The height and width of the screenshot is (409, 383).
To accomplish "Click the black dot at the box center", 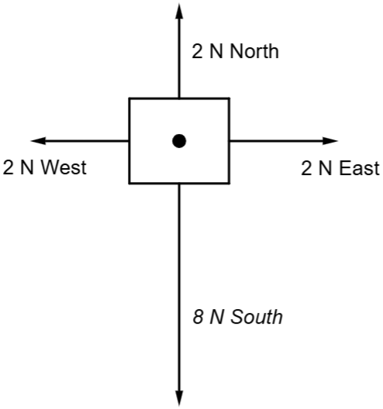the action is point(179,141).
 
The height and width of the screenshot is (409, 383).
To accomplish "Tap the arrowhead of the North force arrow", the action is point(179,11).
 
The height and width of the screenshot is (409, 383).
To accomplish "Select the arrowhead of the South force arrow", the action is point(179,398).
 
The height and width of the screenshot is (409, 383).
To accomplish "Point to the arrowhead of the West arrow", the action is point(39,141).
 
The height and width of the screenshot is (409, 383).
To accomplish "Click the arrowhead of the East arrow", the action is point(330,141).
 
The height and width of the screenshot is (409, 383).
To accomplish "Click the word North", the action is point(254,51).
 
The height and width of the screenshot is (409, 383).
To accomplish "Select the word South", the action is point(257,317).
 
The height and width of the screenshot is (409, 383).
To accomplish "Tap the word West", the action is point(64,167).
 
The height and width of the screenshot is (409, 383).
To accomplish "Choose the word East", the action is point(360,168).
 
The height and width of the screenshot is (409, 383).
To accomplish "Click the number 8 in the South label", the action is point(198,317).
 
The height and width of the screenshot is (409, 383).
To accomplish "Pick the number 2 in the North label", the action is point(197,51).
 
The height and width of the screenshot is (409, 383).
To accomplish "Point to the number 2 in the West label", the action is point(8,167).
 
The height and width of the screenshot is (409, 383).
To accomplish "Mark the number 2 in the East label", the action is point(306,168).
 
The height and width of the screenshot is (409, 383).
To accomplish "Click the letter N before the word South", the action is point(216,317).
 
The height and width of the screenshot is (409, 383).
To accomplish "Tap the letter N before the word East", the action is point(325,168).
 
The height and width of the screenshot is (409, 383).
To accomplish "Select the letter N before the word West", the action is point(27,167).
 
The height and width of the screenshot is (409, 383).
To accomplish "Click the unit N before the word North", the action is point(216,51).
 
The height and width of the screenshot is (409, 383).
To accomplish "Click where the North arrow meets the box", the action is point(179,98).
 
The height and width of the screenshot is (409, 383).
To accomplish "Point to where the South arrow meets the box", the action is point(179,184).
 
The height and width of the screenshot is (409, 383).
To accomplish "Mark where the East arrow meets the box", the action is point(229,141).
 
